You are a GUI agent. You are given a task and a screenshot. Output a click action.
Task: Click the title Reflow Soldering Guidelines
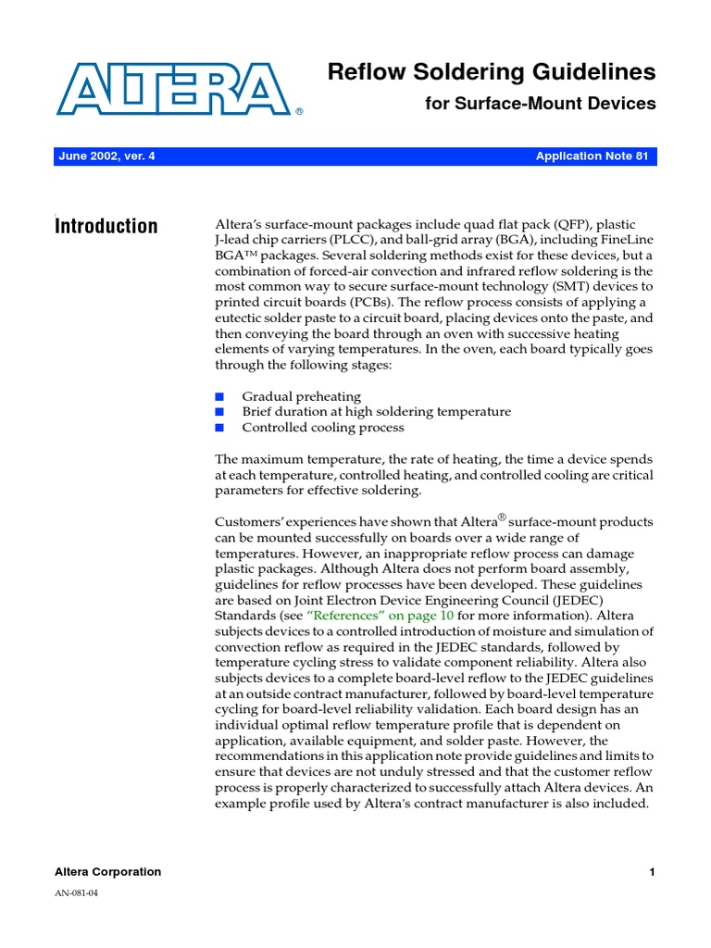[492, 71]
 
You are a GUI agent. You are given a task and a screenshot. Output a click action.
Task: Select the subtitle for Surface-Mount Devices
[540, 104]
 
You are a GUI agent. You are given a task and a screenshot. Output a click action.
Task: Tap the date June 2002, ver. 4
[106, 156]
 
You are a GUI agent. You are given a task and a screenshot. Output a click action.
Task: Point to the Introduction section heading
[106, 226]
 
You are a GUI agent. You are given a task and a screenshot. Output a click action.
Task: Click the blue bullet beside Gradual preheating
[219, 396]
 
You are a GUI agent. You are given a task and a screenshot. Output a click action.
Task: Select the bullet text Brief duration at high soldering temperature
[376, 411]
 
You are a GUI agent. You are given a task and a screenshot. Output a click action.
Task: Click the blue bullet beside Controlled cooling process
[219, 428]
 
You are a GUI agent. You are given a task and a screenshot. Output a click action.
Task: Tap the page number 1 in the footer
[652, 871]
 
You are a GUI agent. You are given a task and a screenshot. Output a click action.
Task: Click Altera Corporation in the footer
[108, 871]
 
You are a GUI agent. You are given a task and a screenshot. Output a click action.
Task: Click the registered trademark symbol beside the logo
[299, 111]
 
